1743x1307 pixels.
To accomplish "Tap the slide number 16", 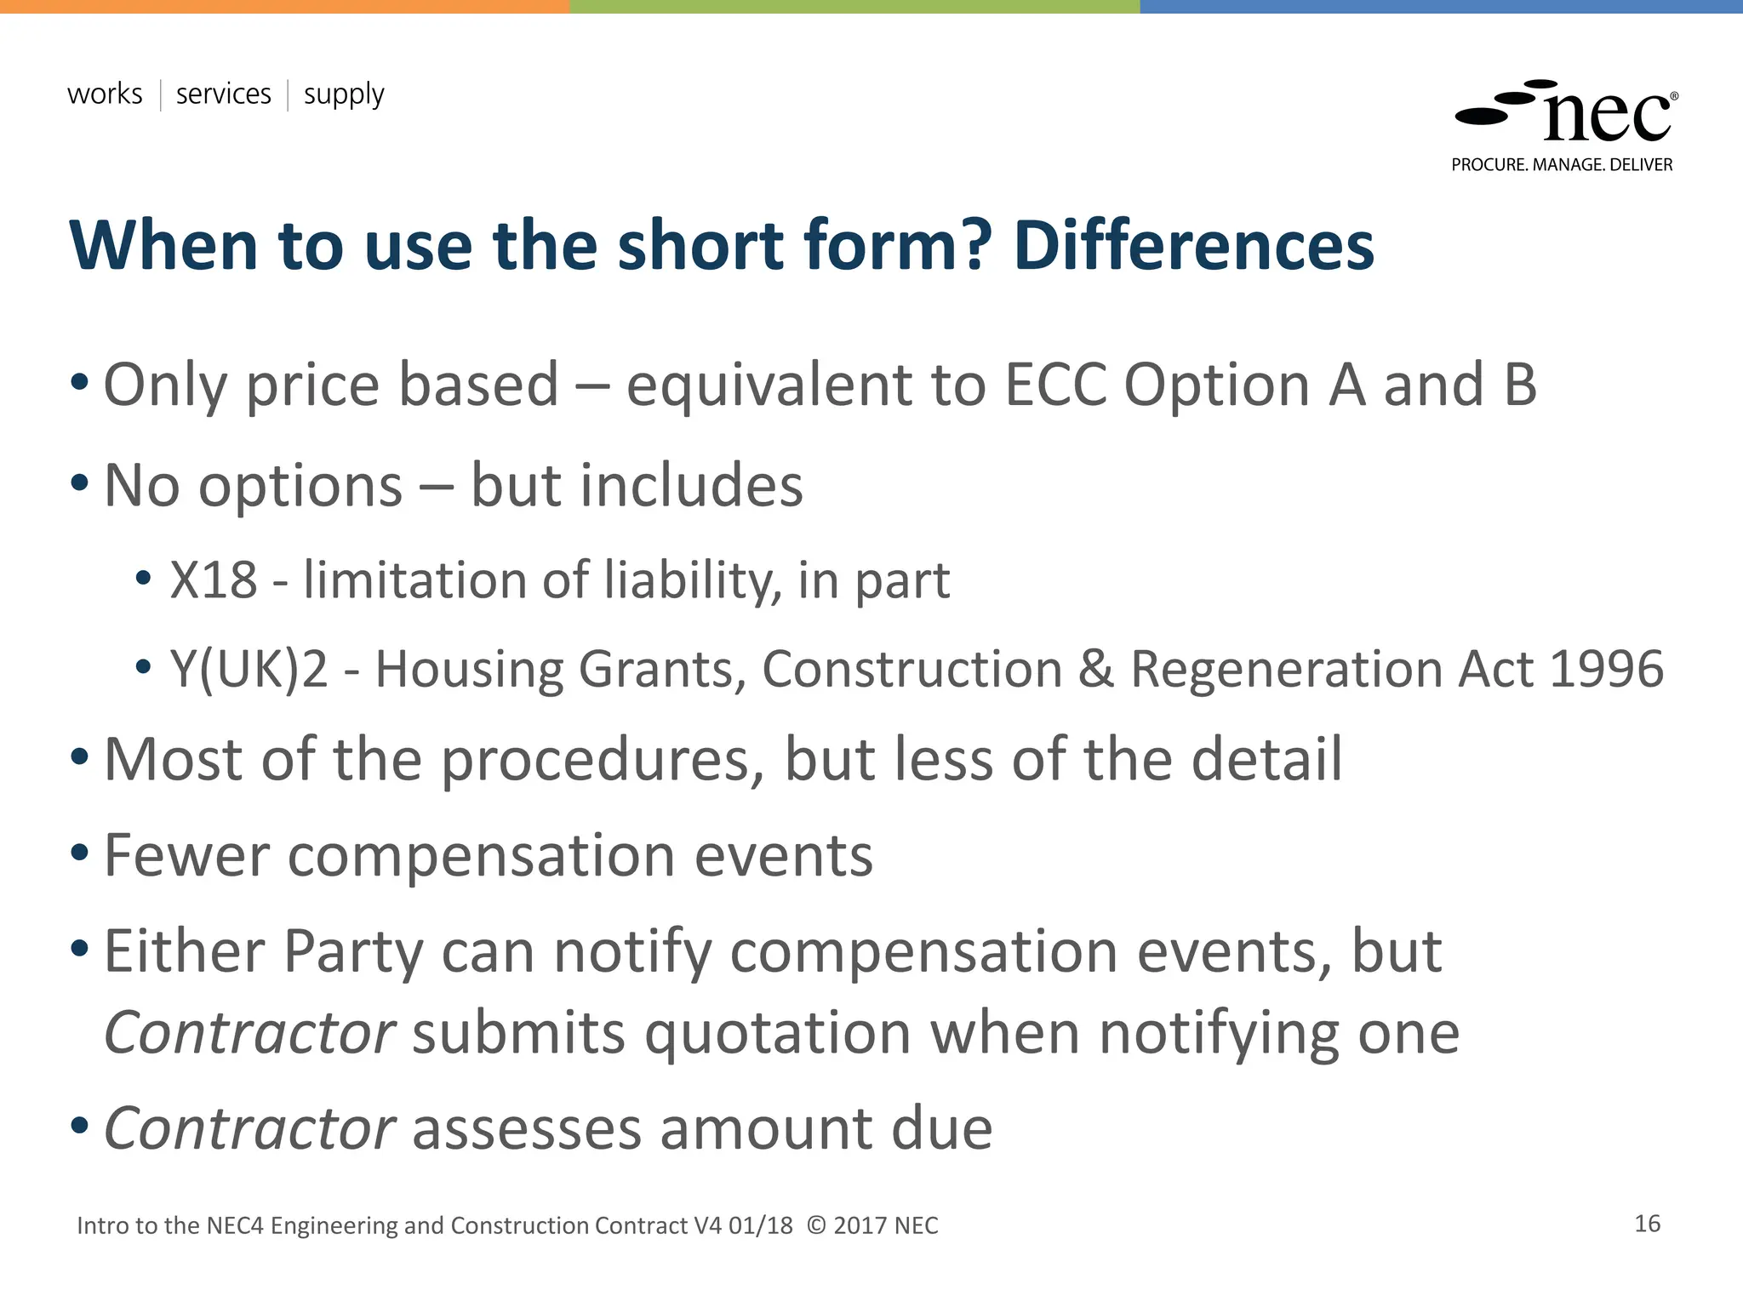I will click(x=1647, y=1224).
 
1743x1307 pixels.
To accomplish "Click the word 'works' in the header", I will click(x=105, y=94).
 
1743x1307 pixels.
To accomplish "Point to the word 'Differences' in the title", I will click(x=1193, y=245).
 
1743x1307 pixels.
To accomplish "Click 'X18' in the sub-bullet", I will click(x=214, y=580).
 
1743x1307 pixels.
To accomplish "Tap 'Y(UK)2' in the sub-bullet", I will click(x=249, y=670).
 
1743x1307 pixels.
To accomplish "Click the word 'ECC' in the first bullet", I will click(x=1055, y=385).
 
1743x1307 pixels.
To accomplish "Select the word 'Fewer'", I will click(x=186, y=855).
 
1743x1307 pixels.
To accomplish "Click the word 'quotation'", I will click(x=778, y=1033).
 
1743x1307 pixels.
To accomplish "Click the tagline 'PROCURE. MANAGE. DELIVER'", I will click(x=1562, y=165).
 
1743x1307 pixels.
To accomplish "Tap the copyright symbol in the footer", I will click(x=816, y=1226).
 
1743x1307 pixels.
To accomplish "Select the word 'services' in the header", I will click(x=223, y=94).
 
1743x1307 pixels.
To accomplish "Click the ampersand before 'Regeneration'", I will click(x=1096, y=669).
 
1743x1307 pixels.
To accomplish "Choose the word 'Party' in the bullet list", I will click(x=352, y=951).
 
